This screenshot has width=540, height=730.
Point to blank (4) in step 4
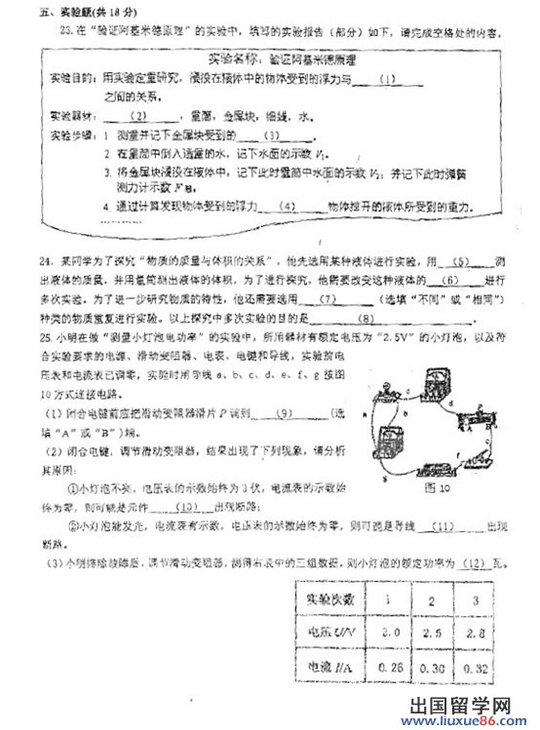coord(286,207)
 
